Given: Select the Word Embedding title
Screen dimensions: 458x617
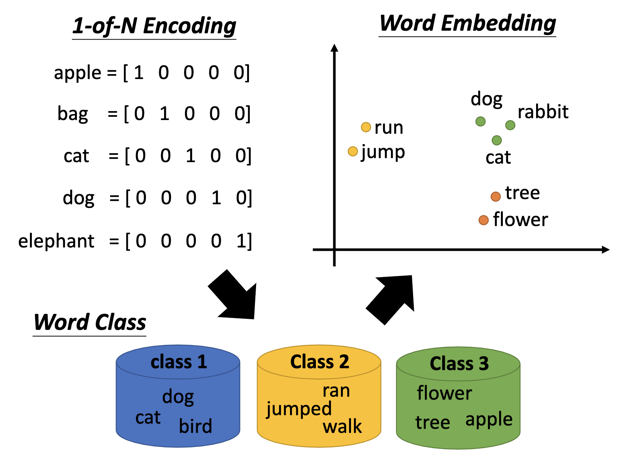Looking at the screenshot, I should tap(467, 23).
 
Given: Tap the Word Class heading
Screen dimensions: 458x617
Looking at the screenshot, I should tap(90, 322).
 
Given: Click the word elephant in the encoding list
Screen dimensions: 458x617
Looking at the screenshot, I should tap(56, 241).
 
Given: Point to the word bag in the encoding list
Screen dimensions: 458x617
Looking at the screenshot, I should tap(73, 113).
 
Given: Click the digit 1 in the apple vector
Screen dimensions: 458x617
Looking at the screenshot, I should tap(139, 73).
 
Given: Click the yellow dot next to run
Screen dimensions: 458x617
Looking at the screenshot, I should tap(366, 127).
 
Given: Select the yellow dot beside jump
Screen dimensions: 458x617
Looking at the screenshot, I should tap(353, 151).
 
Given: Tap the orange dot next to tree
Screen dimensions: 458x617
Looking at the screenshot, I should tap(495, 196).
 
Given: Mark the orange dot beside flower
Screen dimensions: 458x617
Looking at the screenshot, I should tap(484, 221).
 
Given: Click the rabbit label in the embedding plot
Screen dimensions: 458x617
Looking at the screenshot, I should tap(543, 112).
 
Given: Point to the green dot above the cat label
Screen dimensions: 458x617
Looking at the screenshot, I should tap(497, 140).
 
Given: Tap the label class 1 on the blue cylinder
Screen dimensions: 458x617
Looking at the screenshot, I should tap(178, 362).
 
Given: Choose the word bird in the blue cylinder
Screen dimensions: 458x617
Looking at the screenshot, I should tap(195, 426).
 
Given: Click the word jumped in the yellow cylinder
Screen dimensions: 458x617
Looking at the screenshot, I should tap(299, 409).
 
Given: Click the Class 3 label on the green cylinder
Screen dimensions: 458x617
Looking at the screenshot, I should tap(459, 364).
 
